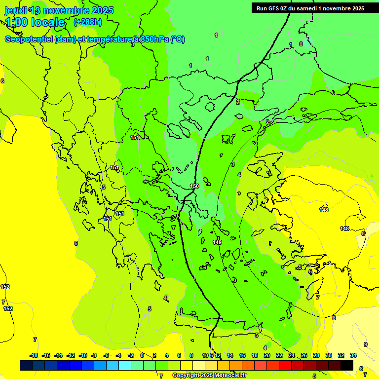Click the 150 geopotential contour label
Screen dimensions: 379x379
(194, 186)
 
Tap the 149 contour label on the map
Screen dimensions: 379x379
(217, 242)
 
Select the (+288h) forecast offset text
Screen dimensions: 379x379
(88, 22)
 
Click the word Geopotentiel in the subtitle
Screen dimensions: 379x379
(29, 39)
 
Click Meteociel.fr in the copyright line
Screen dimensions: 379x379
(226, 376)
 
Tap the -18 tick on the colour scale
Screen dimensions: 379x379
(34, 355)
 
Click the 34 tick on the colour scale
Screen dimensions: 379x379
(353, 355)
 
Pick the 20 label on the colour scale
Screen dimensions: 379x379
(267, 355)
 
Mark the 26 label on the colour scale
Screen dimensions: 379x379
(304, 355)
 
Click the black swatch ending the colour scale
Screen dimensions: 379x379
(347, 365)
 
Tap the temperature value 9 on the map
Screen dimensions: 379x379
(366, 344)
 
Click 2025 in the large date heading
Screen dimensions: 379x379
(99, 10)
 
